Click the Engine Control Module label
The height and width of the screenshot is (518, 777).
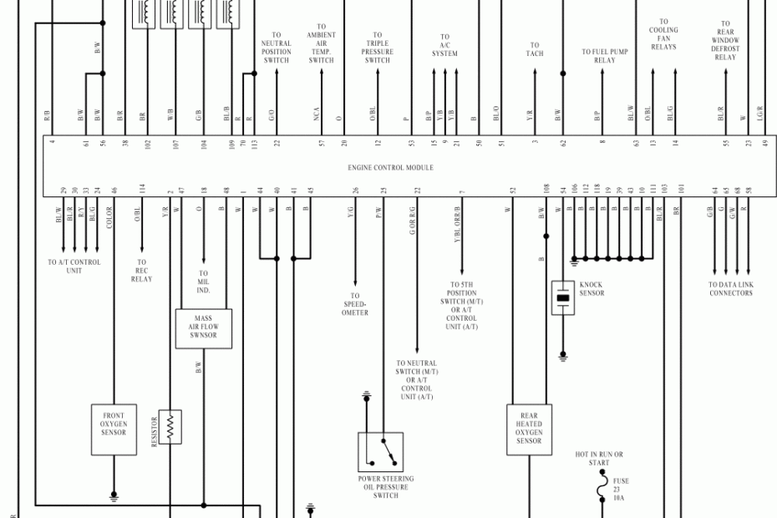[x=391, y=168]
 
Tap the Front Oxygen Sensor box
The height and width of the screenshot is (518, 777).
[x=114, y=429]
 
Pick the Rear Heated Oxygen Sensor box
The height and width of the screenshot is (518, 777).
[x=529, y=429]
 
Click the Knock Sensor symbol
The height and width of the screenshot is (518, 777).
[x=563, y=297]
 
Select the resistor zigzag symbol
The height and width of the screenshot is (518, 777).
[x=170, y=427]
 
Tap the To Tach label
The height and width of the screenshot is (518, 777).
[x=534, y=50]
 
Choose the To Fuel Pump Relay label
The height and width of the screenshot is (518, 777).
[x=604, y=56]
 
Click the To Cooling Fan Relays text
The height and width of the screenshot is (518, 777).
[x=663, y=34]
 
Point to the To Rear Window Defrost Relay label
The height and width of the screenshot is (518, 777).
[x=725, y=41]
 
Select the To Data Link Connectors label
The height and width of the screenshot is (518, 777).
[x=731, y=288]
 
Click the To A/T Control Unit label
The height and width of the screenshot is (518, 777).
[x=74, y=266]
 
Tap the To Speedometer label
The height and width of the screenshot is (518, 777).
[x=355, y=304]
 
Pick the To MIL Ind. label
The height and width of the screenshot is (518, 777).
[x=204, y=282]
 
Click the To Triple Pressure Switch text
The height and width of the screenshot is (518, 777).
[x=378, y=48]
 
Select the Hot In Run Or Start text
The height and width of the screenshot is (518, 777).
[x=599, y=459]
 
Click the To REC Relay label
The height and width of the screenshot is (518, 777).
[x=141, y=270]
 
